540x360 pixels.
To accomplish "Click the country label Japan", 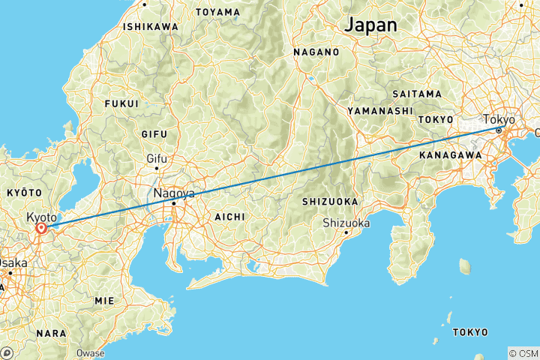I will (x=370, y=24).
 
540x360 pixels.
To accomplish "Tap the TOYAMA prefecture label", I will (x=217, y=12).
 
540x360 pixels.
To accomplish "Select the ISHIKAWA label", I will (x=151, y=27).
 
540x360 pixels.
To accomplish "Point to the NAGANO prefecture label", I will (x=315, y=52).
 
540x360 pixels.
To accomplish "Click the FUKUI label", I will (x=122, y=103).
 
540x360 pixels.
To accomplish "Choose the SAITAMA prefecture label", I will (x=416, y=94).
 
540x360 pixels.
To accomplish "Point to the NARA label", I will (x=51, y=332).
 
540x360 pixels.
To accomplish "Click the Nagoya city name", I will (x=174, y=193).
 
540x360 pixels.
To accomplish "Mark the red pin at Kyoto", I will (x=41, y=227).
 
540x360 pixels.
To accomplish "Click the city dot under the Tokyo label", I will (x=498, y=130).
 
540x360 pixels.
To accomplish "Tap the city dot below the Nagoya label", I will (x=174, y=202).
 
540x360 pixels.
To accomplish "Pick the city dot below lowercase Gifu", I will (x=156, y=168).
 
